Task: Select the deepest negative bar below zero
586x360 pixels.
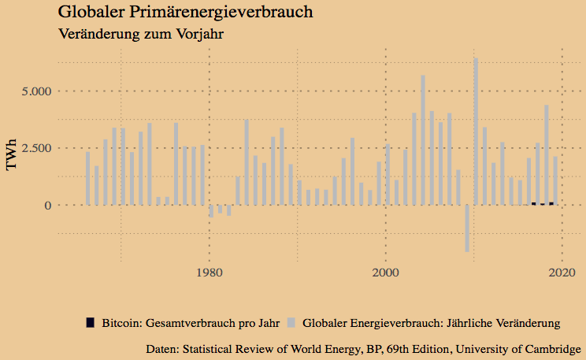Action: point(467,228)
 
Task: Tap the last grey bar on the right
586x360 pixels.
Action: point(555,180)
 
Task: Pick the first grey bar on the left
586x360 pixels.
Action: point(87,178)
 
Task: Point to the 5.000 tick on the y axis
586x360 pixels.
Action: point(35,91)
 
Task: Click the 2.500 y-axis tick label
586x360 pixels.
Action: point(35,148)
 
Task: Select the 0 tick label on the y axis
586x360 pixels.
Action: point(48,205)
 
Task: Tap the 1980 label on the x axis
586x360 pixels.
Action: point(209,273)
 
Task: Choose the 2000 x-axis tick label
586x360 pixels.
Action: point(385,273)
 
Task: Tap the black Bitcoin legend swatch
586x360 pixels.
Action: point(90,322)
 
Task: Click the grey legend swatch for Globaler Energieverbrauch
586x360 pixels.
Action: point(291,322)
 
